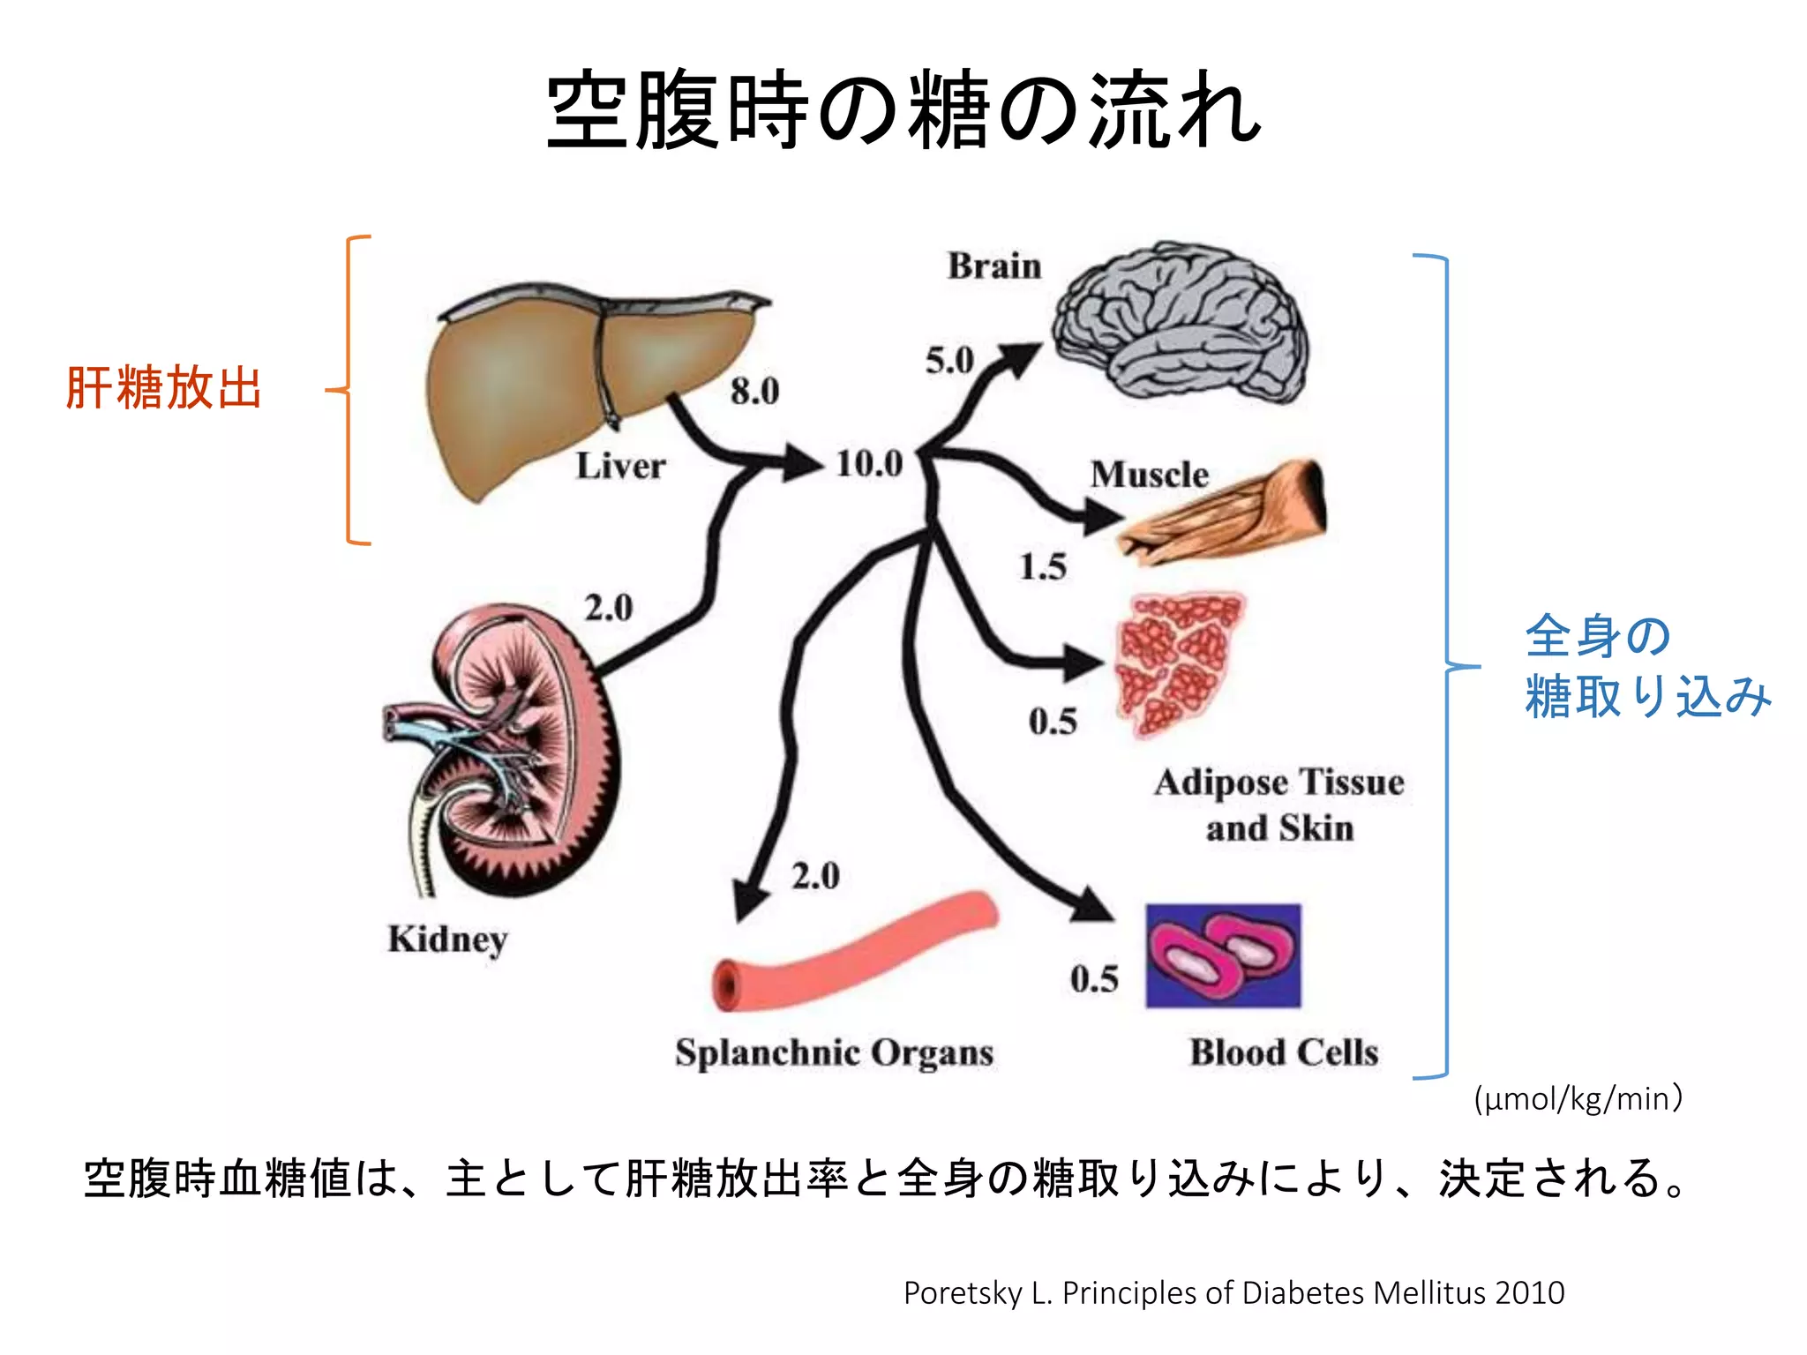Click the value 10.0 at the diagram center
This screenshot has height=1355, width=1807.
pos(869,464)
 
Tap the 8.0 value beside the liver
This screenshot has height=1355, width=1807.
pos(754,392)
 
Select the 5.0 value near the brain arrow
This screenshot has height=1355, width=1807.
pos(949,361)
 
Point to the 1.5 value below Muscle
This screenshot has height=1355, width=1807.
pos(1043,566)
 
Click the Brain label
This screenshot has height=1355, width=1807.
pos(994,266)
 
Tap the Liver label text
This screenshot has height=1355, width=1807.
pos(620,467)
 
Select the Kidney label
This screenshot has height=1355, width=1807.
pos(447,940)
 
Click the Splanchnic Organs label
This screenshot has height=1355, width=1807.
pos(834,1053)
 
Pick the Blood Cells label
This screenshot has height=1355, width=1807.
pos(1284,1052)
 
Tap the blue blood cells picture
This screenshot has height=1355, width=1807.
pos(1223,956)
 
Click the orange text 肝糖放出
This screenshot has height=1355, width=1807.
pos(164,388)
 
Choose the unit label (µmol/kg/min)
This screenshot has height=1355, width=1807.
pos(1578,1099)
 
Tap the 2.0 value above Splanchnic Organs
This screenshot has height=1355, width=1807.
pos(815,876)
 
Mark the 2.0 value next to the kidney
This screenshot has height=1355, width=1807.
pos(609,608)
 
